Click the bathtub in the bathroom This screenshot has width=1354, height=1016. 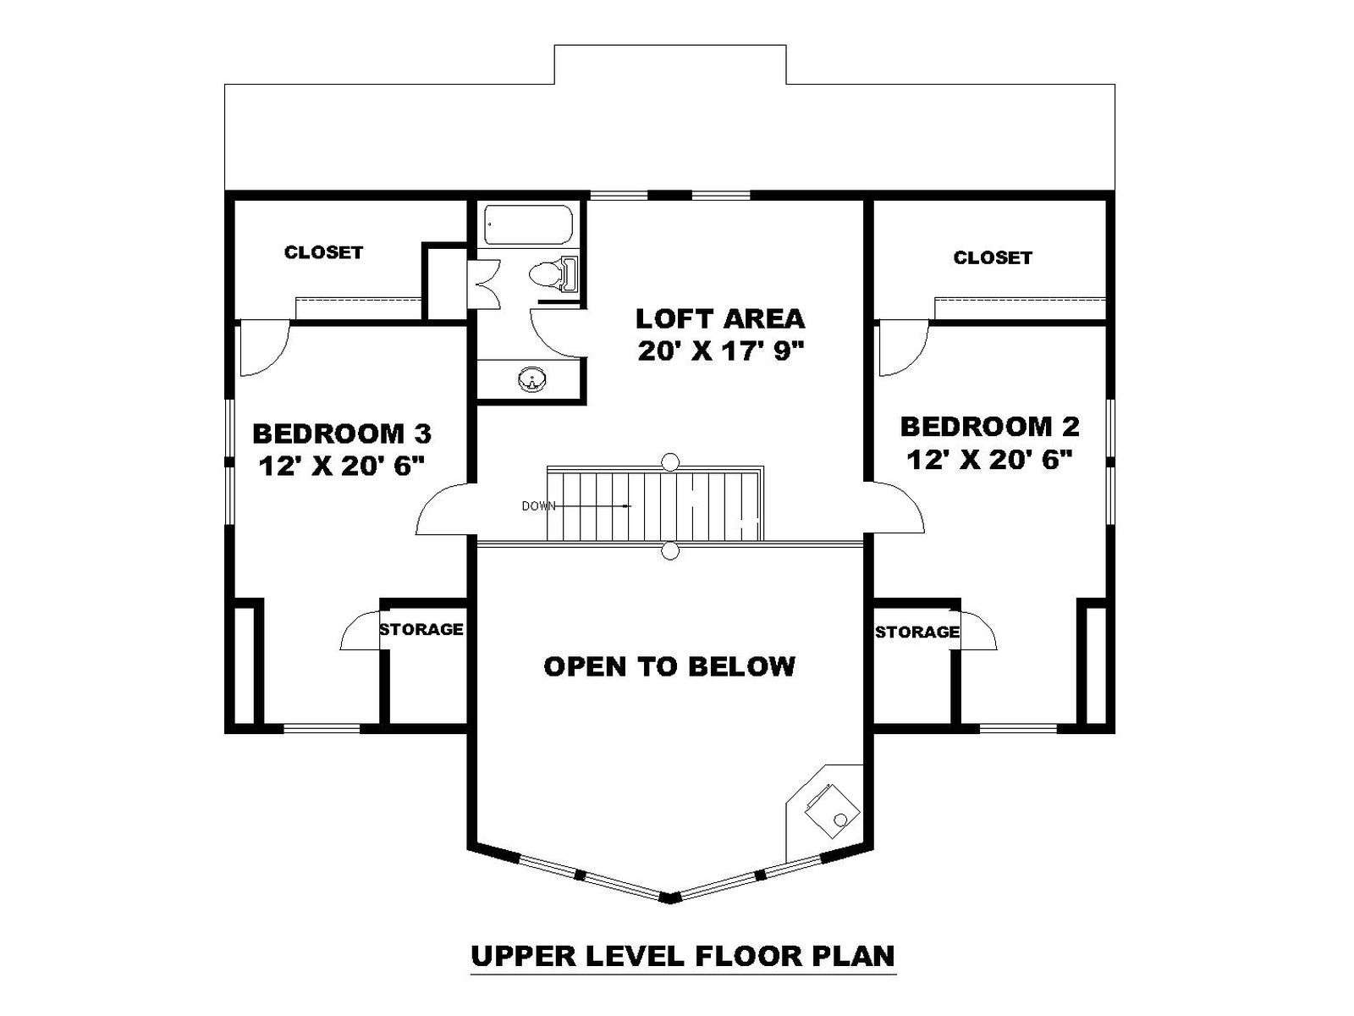pyautogui.click(x=529, y=224)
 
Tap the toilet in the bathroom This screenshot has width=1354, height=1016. pyautogui.click(x=553, y=273)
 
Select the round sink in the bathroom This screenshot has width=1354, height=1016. pyautogui.click(x=531, y=379)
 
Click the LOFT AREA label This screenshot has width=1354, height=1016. pyautogui.click(x=720, y=319)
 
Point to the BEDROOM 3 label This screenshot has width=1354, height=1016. pyautogui.click(x=342, y=433)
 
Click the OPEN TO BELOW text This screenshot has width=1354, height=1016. pyautogui.click(x=669, y=667)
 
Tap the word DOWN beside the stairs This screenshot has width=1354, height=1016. pyautogui.click(x=538, y=506)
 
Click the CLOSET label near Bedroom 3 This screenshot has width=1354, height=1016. pyautogui.click(x=323, y=252)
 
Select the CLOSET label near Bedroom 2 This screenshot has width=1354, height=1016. pyautogui.click(x=993, y=258)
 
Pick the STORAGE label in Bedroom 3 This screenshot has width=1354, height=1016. pyautogui.click(x=421, y=629)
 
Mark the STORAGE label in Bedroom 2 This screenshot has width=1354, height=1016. pyautogui.click(x=917, y=632)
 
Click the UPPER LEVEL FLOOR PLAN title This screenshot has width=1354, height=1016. pyautogui.click(x=683, y=956)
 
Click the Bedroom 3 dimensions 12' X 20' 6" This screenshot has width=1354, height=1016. pyautogui.click(x=342, y=466)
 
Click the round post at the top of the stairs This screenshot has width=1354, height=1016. pyautogui.click(x=670, y=461)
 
